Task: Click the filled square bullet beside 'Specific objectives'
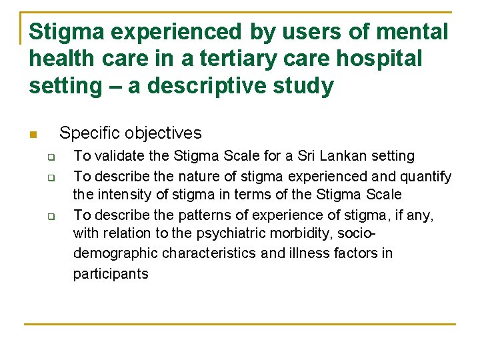pos(32,135)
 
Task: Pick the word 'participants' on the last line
pos(111,274)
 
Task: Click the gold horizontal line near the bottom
pos(240,324)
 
